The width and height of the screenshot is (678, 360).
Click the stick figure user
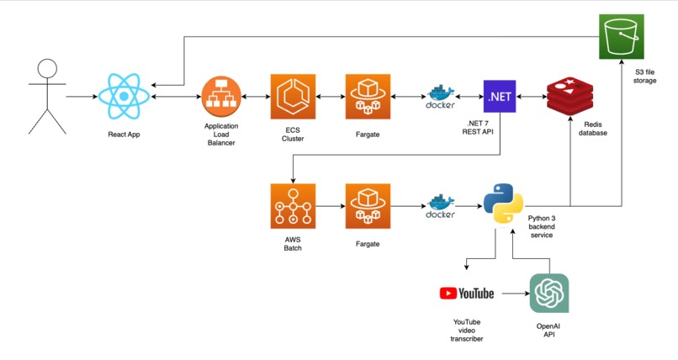click(47, 96)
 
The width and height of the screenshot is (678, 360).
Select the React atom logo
click(124, 96)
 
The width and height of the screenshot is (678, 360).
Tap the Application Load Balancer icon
click(221, 97)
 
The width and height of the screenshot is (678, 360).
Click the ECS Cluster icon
click(293, 97)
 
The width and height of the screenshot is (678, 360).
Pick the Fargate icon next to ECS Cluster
click(368, 97)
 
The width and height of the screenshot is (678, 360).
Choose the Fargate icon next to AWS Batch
click(368, 206)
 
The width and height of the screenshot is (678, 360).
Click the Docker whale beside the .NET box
click(441, 97)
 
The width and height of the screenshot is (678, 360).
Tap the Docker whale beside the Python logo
click(441, 206)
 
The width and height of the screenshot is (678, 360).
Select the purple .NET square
click(499, 97)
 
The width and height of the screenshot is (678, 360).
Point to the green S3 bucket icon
click(622, 37)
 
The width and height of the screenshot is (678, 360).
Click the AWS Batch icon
click(293, 206)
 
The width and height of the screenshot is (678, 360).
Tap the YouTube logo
click(467, 294)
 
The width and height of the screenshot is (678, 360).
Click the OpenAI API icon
click(548, 294)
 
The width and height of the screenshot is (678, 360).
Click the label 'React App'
click(124, 135)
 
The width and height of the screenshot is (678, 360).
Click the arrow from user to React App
click(82, 97)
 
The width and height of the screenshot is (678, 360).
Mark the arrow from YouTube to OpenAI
click(511, 294)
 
